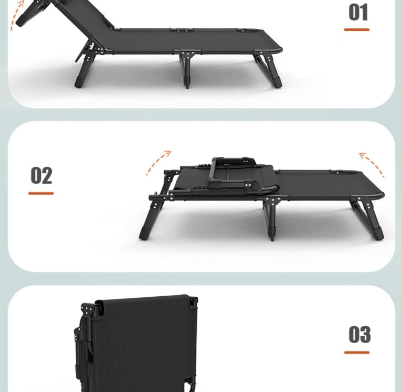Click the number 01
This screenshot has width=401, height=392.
[x=358, y=13]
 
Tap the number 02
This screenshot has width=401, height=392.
[x=41, y=176]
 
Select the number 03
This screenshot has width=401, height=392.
[x=359, y=335]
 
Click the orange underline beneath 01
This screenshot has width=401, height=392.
[x=357, y=29]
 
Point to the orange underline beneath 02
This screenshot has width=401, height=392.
[x=41, y=193]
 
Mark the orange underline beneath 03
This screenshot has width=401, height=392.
[x=357, y=352]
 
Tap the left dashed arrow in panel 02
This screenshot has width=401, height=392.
[x=158, y=162]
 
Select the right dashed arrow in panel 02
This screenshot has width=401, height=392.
[x=372, y=164]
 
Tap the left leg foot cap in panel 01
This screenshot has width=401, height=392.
[x=81, y=82]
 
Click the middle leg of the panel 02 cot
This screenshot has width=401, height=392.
[x=271, y=218]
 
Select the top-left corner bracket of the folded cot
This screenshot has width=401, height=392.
[x=87, y=308]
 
